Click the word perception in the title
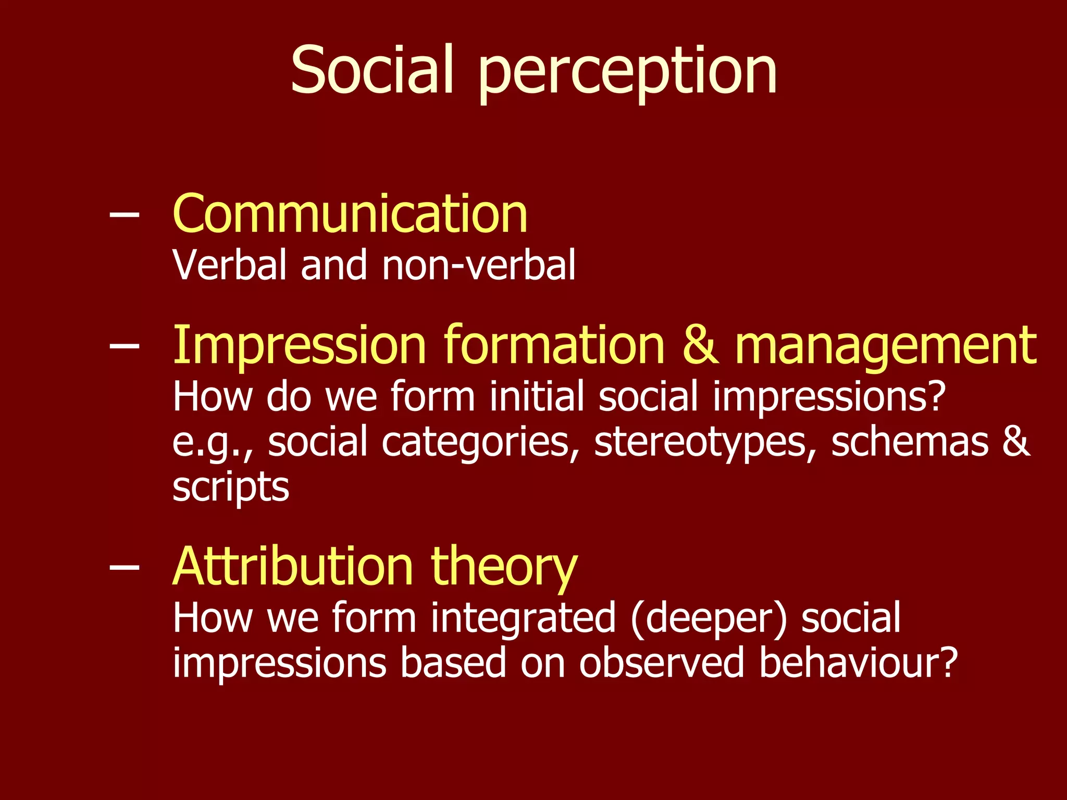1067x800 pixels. (x=627, y=73)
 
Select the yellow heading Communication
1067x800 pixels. (x=350, y=214)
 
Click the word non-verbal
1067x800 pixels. (x=479, y=265)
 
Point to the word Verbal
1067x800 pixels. (x=230, y=265)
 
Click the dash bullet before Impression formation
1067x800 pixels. (x=125, y=345)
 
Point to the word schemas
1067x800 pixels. (x=909, y=442)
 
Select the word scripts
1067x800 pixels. (x=230, y=489)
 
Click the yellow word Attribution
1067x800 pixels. (x=292, y=567)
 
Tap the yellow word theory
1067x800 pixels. (x=504, y=569)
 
